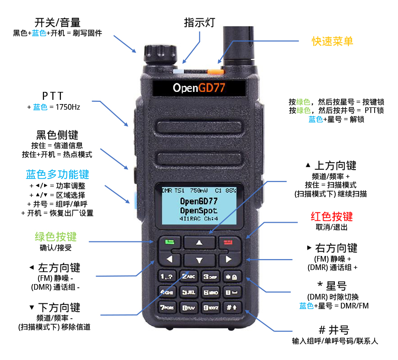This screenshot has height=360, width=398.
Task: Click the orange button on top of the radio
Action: [216, 71]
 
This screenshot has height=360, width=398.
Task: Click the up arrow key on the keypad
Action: [199, 243]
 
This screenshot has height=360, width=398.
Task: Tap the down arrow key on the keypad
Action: [199, 260]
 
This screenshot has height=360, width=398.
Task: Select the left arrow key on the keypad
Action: [170, 259]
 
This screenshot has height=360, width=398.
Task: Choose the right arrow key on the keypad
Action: [229, 259]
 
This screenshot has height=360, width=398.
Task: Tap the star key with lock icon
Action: [231, 277]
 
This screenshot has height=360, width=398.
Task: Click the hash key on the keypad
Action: [231, 307]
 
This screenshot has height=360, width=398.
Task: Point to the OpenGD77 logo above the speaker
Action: [199, 88]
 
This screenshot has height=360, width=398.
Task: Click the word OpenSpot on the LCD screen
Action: [199, 210]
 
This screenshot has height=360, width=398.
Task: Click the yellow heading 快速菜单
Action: [332, 41]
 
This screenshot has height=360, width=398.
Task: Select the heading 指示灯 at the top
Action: [199, 22]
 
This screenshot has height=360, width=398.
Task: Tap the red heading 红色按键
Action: [332, 217]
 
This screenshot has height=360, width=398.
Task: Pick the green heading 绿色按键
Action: [56, 237]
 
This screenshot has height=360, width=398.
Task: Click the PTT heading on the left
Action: [52, 96]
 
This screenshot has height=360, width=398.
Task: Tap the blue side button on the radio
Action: [135, 201]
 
